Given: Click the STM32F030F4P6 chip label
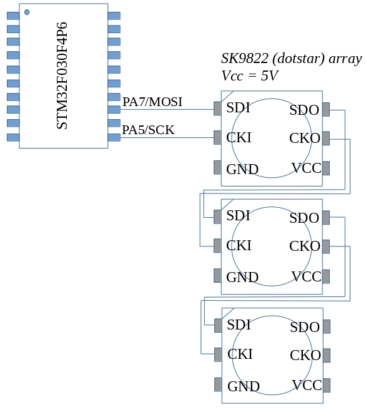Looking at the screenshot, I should click(x=62, y=76).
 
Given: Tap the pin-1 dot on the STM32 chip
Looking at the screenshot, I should click(x=27, y=12).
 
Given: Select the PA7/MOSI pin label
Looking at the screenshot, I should click(x=152, y=102).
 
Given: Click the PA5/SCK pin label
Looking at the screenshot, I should click(x=148, y=130).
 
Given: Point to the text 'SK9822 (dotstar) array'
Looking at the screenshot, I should click(x=291, y=59).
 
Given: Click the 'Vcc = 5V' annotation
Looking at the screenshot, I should click(x=250, y=76).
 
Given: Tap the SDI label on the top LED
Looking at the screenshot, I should click(x=238, y=107).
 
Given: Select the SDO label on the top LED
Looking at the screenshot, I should click(x=304, y=110).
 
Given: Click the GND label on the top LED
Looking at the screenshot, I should click(x=242, y=169).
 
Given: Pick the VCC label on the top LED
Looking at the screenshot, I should click(x=306, y=168).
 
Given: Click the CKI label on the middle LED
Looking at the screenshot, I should click(x=239, y=245).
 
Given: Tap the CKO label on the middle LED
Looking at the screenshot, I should click(x=305, y=246).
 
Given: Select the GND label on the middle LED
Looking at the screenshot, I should click(x=242, y=277).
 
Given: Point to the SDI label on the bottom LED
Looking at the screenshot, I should click(x=239, y=325).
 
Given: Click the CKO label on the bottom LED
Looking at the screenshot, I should click(x=305, y=356).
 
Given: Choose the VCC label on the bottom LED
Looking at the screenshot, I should click(x=307, y=385).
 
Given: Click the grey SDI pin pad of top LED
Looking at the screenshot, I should click(x=217, y=109).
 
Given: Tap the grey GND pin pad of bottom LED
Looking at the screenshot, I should click(x=217, y=384).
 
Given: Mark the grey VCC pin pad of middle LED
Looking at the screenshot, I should click(x=326, y=276).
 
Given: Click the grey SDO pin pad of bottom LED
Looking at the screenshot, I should click(x=326, y=326).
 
